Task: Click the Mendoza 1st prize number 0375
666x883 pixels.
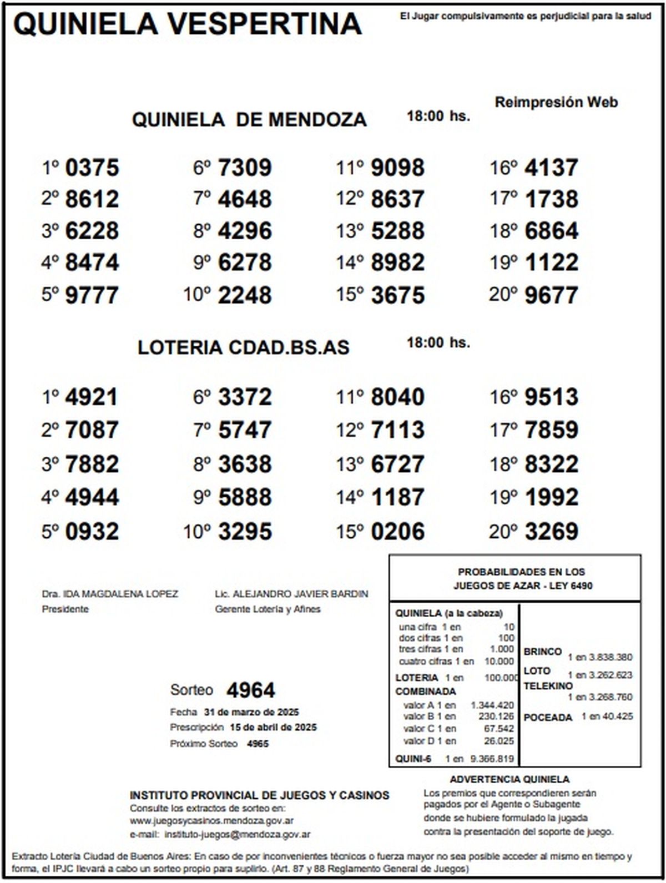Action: pyautogui.click(x=92, y=168)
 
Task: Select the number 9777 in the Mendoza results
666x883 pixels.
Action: pyautogui.click(x=92, y=295)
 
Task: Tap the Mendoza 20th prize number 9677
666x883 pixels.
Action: pyautogui.click(x=551, y=295)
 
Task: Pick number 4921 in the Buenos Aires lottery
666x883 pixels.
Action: pyautogui.click(x=92, y=397)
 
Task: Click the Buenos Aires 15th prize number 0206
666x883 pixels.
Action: pyautogui.click(x=397, y=532)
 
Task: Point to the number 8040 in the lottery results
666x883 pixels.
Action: pyautogui.click(x=397, y=397)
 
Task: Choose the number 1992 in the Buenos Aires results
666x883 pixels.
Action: pyautogui.click(x=551, y=497)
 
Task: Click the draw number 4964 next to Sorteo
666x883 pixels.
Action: pyautogui.click(x=251, y=690)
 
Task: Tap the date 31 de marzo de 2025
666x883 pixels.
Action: pyautogui.click(x=251, y=712)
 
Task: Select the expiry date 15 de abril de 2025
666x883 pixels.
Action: pyautogui.click(x=274, y=727)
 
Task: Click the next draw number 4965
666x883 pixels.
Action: pyautogui.click(x=258, y=743)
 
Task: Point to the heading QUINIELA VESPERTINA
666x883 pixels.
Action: pyautogui.click(x=188, y=24)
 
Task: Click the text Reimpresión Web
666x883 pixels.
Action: pyautogui.click(x=556, y=102)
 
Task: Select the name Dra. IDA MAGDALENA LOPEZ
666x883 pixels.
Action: pyautogui.click(x=110, y=594)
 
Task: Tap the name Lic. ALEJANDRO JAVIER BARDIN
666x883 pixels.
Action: pyautogui.click(x=291, y=594)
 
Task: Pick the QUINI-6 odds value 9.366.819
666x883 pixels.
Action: pyautogui.click(x=492, y=759)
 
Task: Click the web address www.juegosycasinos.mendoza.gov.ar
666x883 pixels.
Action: pyautogui.click(x=211, y=820)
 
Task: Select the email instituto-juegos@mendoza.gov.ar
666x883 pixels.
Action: pyautogui.click(x=238, y=834)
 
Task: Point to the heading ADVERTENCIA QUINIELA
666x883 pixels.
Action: pyautogui.click(x=509, y=779)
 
